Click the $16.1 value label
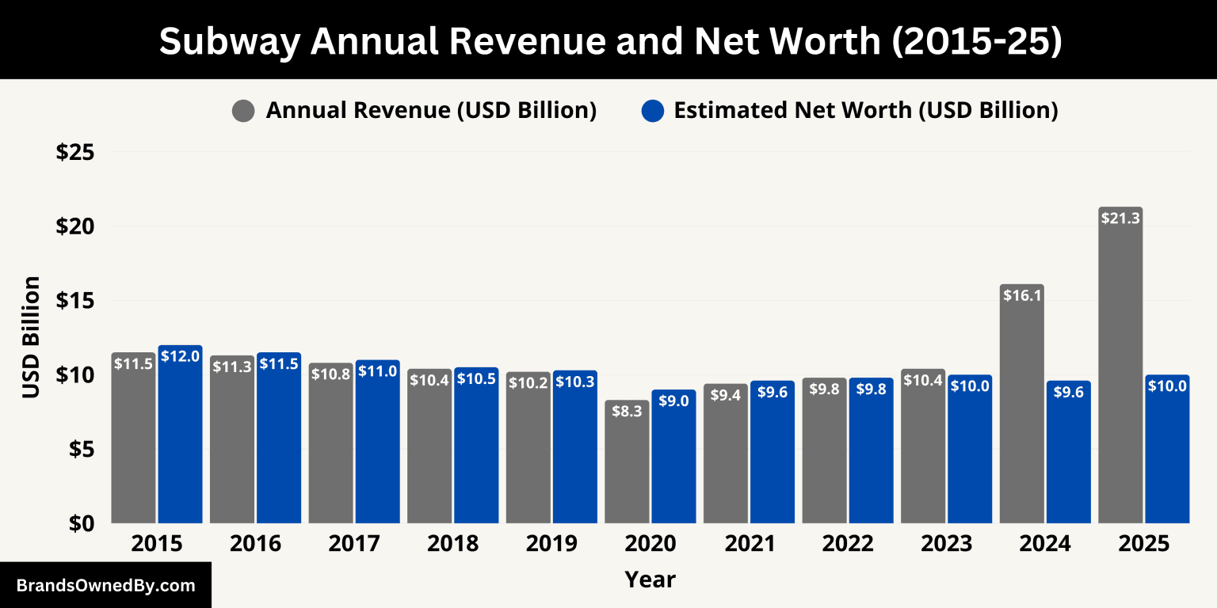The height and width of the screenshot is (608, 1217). (1022, 296)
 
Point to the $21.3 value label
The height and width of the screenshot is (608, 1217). (1120, 218)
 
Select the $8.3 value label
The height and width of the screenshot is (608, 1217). (627, 412)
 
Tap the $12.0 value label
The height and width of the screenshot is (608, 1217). (180, 357)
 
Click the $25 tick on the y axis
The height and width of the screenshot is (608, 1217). (75, 152)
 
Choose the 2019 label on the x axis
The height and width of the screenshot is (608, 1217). (551, 545)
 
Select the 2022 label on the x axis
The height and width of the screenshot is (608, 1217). (848, 545)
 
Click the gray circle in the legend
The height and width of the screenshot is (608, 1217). (243, 111)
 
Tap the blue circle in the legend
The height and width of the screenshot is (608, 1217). (651, 111)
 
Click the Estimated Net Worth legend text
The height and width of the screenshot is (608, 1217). (865, 111)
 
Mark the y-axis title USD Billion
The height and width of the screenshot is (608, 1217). (31, 337)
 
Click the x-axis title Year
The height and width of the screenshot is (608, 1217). (650, 579)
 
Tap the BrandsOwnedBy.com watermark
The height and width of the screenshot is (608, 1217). (105, 586)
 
